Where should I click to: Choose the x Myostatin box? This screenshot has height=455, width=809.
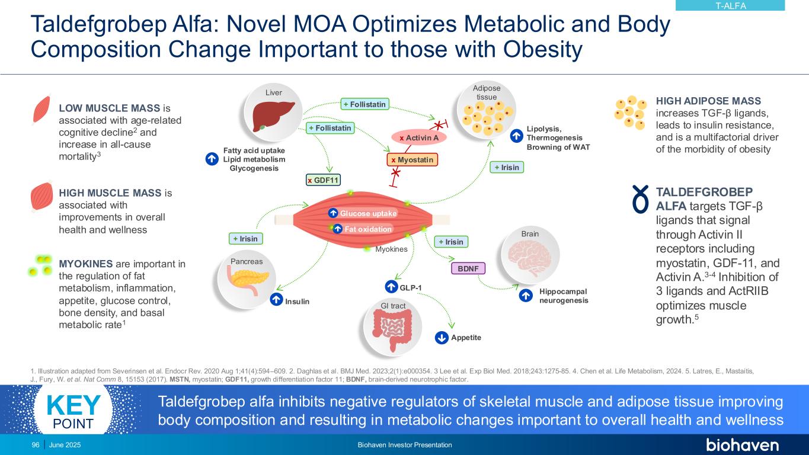412,160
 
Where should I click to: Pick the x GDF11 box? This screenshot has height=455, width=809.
324,180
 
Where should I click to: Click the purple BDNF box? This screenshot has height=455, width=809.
468,268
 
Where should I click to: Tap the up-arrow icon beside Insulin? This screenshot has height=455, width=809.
276,300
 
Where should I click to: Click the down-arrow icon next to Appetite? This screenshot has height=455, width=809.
442,338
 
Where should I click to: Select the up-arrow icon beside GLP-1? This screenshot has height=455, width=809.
391,287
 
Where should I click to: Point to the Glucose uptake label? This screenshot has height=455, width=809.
362,213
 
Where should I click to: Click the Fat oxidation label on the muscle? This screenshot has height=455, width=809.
363,229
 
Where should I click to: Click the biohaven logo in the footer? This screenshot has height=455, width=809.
742,445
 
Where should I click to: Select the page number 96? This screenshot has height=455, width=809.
35,445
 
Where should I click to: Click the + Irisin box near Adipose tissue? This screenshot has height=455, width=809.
506,168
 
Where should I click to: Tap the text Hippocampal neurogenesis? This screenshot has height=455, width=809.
563,296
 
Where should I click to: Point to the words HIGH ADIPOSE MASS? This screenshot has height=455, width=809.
708,101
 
